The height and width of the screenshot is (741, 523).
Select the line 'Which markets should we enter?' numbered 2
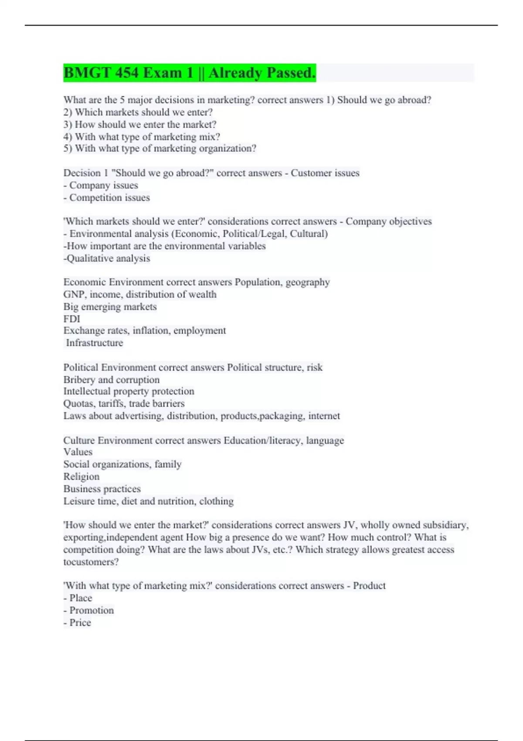138,112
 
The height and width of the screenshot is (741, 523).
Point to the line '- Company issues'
101,185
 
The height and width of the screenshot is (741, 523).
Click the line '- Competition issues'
107,197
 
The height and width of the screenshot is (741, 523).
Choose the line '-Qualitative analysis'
107,258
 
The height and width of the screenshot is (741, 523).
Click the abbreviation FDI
72,319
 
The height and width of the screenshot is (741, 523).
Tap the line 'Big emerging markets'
110,306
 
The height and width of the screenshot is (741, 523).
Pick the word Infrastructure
95,343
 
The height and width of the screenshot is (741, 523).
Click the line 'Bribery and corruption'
112,380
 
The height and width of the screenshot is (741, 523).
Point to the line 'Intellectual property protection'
129,391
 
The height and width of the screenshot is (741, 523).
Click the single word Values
78,452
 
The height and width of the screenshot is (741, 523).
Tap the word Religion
82,476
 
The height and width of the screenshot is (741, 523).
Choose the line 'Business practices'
102,489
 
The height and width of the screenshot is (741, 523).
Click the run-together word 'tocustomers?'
91,562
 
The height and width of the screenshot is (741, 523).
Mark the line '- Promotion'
88,610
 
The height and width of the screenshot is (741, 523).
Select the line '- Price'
77,622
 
